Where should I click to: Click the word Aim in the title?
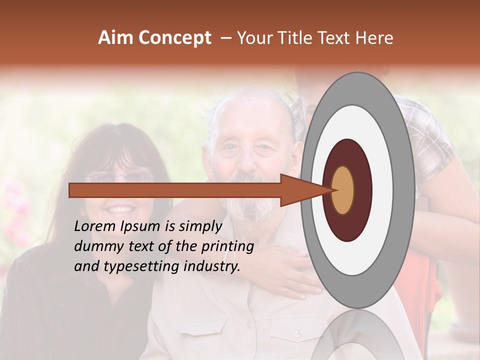(x=116, y=38)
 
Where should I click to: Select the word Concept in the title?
(x=174, y=38)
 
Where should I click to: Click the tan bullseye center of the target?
(x=343, y=190)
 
